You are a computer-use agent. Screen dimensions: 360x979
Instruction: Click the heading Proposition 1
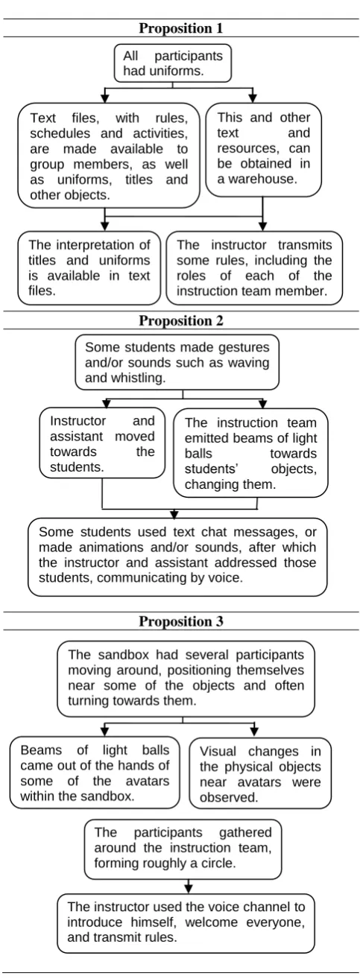180,28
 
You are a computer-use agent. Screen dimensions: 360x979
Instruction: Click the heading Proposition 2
180,320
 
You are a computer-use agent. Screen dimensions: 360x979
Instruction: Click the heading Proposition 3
180,621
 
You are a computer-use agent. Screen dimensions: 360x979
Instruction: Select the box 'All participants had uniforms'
172,63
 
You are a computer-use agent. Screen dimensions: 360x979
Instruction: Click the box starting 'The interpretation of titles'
89,268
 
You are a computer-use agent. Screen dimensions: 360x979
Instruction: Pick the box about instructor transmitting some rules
254,268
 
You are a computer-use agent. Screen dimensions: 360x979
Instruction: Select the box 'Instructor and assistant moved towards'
102,443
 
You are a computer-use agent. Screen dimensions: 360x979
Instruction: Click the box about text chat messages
177,557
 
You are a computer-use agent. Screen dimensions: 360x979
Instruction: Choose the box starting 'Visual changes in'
260,773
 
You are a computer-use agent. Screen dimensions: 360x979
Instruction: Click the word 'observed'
228,797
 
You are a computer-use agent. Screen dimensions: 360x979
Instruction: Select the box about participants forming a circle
183,849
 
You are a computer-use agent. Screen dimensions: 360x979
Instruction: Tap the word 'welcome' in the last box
211,922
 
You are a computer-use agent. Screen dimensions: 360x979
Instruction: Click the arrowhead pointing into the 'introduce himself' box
189,889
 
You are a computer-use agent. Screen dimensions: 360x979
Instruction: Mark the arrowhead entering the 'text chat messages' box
174,513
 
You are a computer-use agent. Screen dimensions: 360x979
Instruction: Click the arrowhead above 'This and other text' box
253,98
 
